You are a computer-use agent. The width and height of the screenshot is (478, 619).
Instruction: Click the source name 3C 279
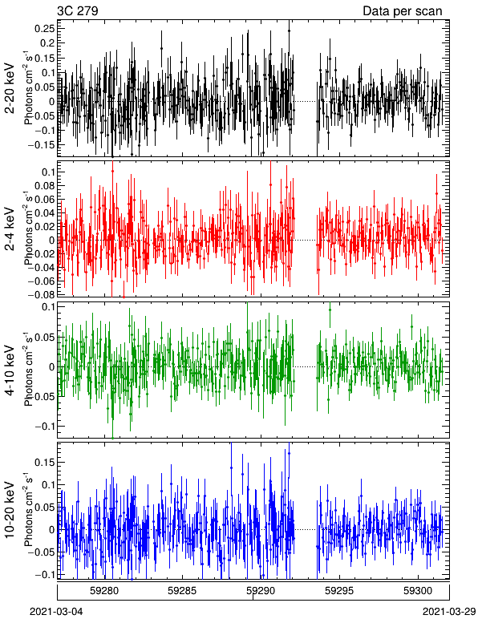[77, 10]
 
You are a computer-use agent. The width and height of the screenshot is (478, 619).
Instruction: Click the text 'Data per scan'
[403, 11]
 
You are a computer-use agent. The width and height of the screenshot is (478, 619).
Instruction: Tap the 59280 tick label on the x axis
[103, 591]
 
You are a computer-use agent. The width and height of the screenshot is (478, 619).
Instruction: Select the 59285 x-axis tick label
[182, 591]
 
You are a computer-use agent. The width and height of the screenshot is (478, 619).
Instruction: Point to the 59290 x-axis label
[261, 591]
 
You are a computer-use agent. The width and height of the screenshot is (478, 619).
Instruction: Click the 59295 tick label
[339, 591]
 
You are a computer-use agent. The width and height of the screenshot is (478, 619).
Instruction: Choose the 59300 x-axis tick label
[418, 591]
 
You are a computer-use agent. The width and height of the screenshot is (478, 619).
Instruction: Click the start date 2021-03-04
[56, 612]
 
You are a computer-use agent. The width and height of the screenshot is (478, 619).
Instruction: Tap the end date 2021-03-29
[449, 612]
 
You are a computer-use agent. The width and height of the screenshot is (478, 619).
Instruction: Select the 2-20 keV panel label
[10, 88]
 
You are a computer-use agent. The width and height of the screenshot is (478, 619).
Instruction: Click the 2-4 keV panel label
[10, 229]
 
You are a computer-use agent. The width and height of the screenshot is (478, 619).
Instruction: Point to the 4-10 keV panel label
[10, 370]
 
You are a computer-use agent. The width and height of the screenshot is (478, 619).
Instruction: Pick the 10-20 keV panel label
[10, 510]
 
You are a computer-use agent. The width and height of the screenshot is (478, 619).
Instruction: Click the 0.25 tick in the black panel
[45, 28]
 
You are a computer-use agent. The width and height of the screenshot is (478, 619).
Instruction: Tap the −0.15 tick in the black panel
[42, 145]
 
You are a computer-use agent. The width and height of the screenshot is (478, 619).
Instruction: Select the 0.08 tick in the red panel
[45, 185]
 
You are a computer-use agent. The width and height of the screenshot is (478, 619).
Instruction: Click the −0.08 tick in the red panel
[42, 294]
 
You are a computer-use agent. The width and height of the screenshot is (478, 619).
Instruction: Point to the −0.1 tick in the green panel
[45, 427]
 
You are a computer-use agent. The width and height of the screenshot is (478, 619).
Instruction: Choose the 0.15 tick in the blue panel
[45, 462]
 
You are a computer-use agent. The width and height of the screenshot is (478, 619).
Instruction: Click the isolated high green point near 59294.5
[330, 309]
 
